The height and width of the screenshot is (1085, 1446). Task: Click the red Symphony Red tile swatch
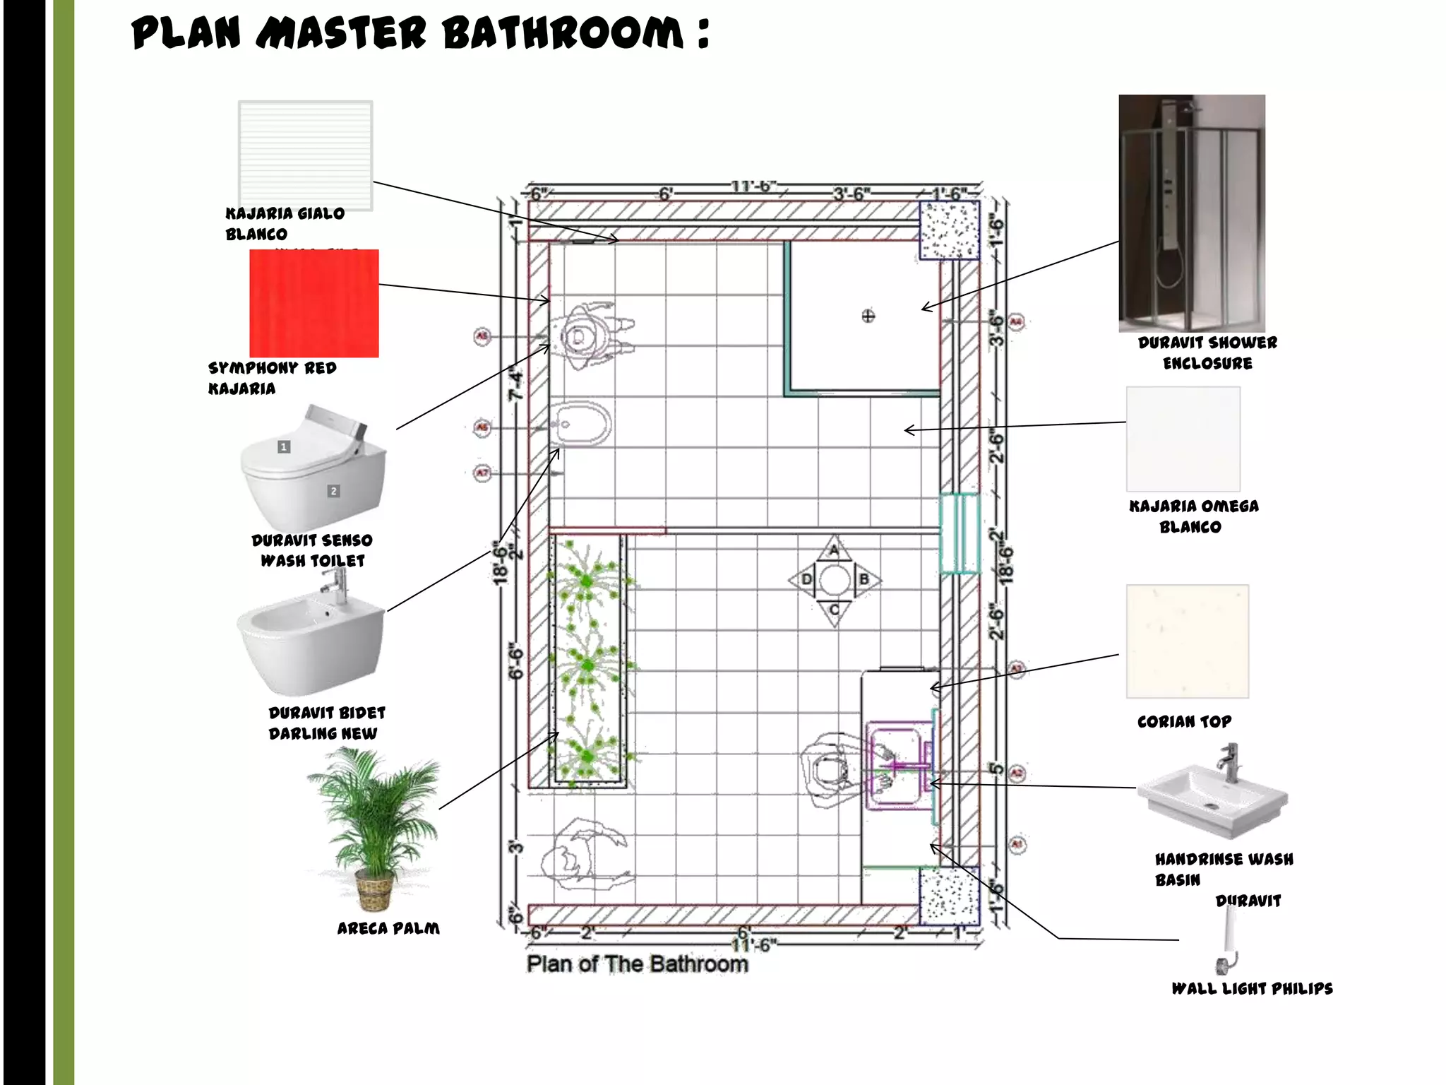pos(314,303)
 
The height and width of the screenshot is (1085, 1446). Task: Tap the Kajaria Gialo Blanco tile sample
pos(305,155)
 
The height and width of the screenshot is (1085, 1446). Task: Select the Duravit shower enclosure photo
pos(1192,213)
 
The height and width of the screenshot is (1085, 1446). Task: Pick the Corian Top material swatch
pos(1187,641)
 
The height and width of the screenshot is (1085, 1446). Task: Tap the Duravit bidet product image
pos(311,636)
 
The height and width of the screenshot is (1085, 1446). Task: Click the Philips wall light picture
pos(1229,939)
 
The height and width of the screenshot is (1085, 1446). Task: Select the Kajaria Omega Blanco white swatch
pos(1183,439)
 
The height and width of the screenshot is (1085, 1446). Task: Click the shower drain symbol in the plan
pos(868,316)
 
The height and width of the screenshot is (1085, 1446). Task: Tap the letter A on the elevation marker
pos(835,550)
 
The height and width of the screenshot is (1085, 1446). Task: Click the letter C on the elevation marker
pos(835,610)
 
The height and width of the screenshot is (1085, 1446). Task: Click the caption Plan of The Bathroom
pos(637,964)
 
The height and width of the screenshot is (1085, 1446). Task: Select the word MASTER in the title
pos(342,33)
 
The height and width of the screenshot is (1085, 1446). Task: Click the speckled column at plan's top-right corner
pos(949,230)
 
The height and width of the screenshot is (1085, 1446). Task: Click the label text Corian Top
pos(1184,721)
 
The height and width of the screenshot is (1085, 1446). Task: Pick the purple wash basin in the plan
pos(895,765)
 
